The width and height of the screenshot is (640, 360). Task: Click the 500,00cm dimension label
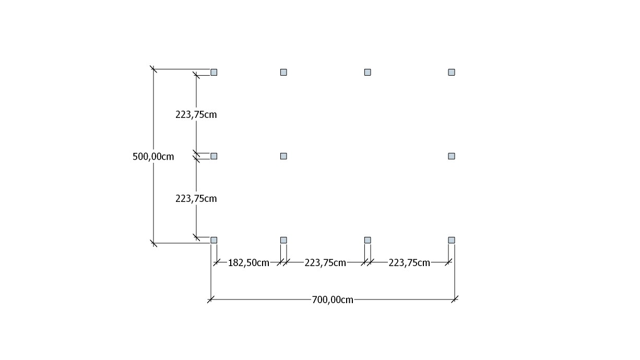[153, 157]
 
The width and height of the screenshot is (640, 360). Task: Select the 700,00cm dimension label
[333, 300]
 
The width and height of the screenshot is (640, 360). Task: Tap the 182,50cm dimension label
[248, 262]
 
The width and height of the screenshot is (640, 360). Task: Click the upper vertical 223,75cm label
[196, 114]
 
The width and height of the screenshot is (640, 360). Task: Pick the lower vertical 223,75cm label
[196, 198]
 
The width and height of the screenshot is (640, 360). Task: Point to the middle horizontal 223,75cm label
[325, 262]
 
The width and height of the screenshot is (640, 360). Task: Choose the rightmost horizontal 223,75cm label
[409, 262]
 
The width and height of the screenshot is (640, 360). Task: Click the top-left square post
[214, 72]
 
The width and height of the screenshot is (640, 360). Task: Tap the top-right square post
[452, 72]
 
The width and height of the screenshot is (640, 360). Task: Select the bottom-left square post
[214, 240]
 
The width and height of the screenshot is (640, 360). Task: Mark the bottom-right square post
[452, 240]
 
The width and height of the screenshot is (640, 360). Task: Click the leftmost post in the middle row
[214, 156]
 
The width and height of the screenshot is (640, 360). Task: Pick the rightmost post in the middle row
[452, 156]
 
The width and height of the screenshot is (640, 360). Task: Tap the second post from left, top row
[283, 72]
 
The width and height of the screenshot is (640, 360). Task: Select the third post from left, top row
[368, 72]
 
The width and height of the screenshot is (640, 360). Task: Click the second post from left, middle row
[283, 156]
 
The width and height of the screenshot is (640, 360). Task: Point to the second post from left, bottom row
[283, 240]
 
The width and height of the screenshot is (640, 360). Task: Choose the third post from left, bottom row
[368, 240]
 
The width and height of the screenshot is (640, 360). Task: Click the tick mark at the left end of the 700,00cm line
[211, 299]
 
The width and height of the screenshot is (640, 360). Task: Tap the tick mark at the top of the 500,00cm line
[153, 69]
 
